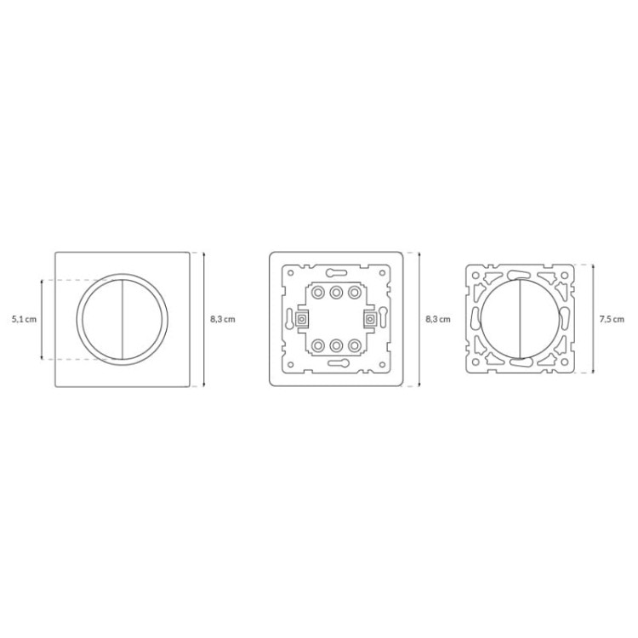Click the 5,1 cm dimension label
[24, 319]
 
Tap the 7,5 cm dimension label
[612, 319]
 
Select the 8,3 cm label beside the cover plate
[223, 319]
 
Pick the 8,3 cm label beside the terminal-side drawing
[438, 319]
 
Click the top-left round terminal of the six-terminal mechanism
[317, 292]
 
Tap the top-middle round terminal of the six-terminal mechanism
[336, 292]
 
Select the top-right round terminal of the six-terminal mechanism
[355, 292]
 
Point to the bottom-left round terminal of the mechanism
[317, 346]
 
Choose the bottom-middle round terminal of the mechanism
[336, 346]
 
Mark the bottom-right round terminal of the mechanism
[355, 346]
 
